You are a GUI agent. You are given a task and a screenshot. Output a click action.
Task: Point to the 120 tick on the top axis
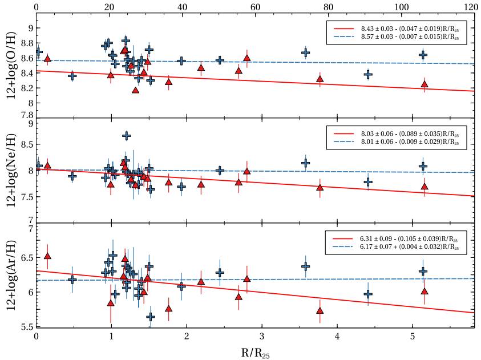point(471,6)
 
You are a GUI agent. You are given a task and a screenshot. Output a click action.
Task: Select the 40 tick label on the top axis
point(182,6)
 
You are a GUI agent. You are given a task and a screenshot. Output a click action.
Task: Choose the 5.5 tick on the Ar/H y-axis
point(26,327)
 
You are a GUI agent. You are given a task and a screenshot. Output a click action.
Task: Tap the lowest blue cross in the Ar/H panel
point(151,317)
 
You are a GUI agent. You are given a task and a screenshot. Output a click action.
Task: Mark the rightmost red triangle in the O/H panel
point(424,84)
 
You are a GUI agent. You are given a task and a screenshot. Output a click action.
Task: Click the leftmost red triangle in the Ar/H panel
point(47,256)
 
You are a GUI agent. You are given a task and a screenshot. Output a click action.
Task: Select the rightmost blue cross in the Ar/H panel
point(423,271)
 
